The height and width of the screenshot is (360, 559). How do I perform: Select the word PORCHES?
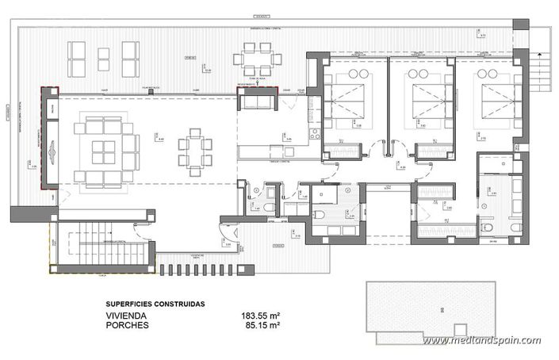[128, 324]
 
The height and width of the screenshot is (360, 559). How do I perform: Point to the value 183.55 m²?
[261, 315]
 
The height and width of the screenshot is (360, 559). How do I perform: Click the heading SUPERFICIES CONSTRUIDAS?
[155, 303]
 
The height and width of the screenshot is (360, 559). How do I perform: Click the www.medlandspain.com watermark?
[481, 340]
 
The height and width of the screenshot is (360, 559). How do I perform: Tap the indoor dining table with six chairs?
[195, 149]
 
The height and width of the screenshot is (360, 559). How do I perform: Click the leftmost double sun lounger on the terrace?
[78, 54]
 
